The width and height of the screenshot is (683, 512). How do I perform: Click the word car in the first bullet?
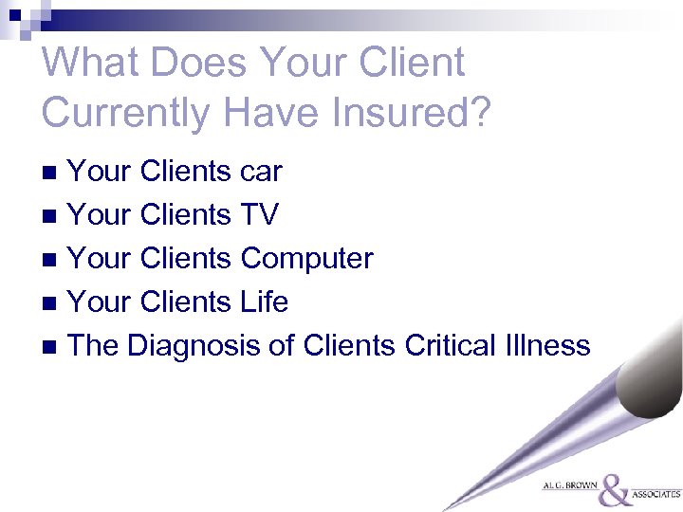point(262,172)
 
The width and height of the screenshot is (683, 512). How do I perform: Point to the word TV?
point(260,215)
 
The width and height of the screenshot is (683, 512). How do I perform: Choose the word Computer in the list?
point(307,258)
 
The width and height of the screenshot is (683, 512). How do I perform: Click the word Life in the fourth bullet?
point(265,302)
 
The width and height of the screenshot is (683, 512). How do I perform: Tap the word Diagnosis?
point(194,345)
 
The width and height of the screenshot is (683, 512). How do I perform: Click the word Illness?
point(546,345)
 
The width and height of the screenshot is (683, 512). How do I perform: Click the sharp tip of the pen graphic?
point(445,509)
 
